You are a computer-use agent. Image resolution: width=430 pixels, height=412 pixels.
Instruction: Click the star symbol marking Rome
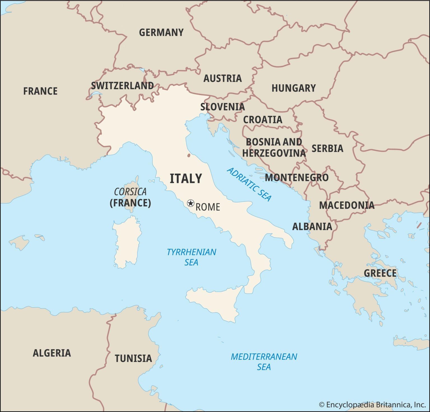190,203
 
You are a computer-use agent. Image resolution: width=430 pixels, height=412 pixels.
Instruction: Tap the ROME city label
208,207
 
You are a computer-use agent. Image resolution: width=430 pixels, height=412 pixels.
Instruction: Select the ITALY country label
186,178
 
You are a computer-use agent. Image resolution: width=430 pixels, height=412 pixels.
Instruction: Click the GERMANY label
161,32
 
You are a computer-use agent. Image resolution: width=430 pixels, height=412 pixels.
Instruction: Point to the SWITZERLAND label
122,86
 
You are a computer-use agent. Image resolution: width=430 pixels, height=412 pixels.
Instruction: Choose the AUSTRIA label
223,78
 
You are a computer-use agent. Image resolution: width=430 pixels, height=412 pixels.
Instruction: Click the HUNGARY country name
294,88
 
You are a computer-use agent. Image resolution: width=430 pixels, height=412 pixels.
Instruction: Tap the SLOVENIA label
223,107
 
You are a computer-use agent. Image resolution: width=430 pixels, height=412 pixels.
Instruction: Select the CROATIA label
263,120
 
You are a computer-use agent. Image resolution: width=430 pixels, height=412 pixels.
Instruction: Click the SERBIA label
327,148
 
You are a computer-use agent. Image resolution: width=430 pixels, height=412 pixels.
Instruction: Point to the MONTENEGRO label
297,178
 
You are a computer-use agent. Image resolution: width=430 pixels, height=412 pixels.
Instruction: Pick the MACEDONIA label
347,205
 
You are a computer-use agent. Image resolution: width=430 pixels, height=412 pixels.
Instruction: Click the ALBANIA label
312,226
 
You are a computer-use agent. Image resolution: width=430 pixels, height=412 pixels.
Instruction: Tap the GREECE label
380,273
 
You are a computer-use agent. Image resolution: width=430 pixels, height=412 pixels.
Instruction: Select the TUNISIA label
133,358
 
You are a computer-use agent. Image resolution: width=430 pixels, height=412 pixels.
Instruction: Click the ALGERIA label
52,353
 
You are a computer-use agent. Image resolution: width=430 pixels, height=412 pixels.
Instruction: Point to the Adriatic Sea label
249,185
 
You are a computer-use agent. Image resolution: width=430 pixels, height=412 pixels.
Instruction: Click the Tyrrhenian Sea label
191,257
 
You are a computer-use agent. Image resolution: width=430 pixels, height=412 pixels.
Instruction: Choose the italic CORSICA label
130,192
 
